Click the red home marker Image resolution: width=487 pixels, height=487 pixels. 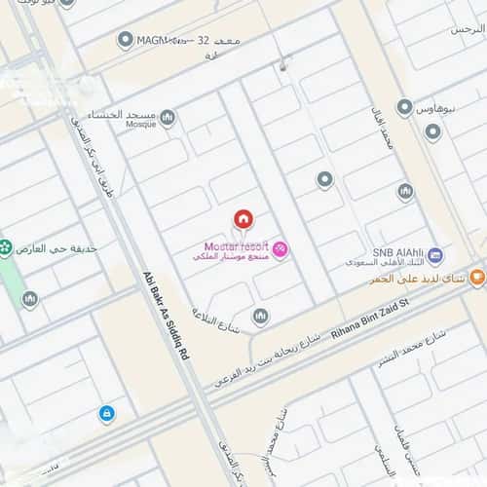pos(243,218)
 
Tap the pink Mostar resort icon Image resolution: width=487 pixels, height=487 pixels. pos(280,250)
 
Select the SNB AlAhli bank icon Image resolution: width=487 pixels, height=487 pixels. pos(435,256)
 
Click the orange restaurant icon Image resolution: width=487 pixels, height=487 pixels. pos(476,277)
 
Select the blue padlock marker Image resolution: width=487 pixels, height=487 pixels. pos(106,414)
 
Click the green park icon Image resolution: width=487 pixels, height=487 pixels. pos(5,247)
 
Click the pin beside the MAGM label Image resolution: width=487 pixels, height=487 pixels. pos(125,40)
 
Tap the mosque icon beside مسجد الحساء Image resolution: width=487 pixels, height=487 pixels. pos(167,118)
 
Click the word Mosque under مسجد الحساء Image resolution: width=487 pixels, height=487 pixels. pos(140,124)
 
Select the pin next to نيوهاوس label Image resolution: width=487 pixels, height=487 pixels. pos(404,107)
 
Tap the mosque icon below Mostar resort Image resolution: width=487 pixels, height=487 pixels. pos(260,316)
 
